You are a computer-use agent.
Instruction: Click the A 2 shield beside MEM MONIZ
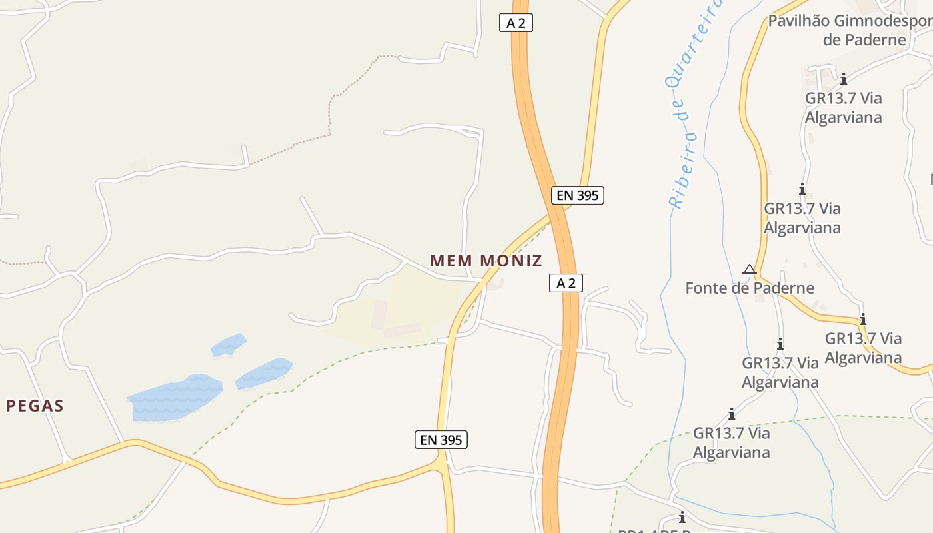coord(566,283)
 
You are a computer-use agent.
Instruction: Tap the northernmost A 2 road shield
coord(516,23)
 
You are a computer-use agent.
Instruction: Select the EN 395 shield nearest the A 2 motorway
coord(577,195)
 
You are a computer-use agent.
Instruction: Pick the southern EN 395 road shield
coord(441,440)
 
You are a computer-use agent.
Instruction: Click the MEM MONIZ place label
coord(486,261)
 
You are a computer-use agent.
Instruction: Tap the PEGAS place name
coord(35,406)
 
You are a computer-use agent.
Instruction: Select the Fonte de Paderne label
coord(750,288)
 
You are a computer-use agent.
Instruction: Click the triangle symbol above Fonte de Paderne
coord(749,269)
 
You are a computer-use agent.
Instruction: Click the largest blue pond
coord(175,397)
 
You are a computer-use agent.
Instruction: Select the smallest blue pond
coord(228,345)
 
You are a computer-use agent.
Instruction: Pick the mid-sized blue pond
coord(263,373)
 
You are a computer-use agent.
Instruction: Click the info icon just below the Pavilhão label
coord(844,79)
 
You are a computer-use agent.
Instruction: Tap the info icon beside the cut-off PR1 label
coord(682,517)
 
